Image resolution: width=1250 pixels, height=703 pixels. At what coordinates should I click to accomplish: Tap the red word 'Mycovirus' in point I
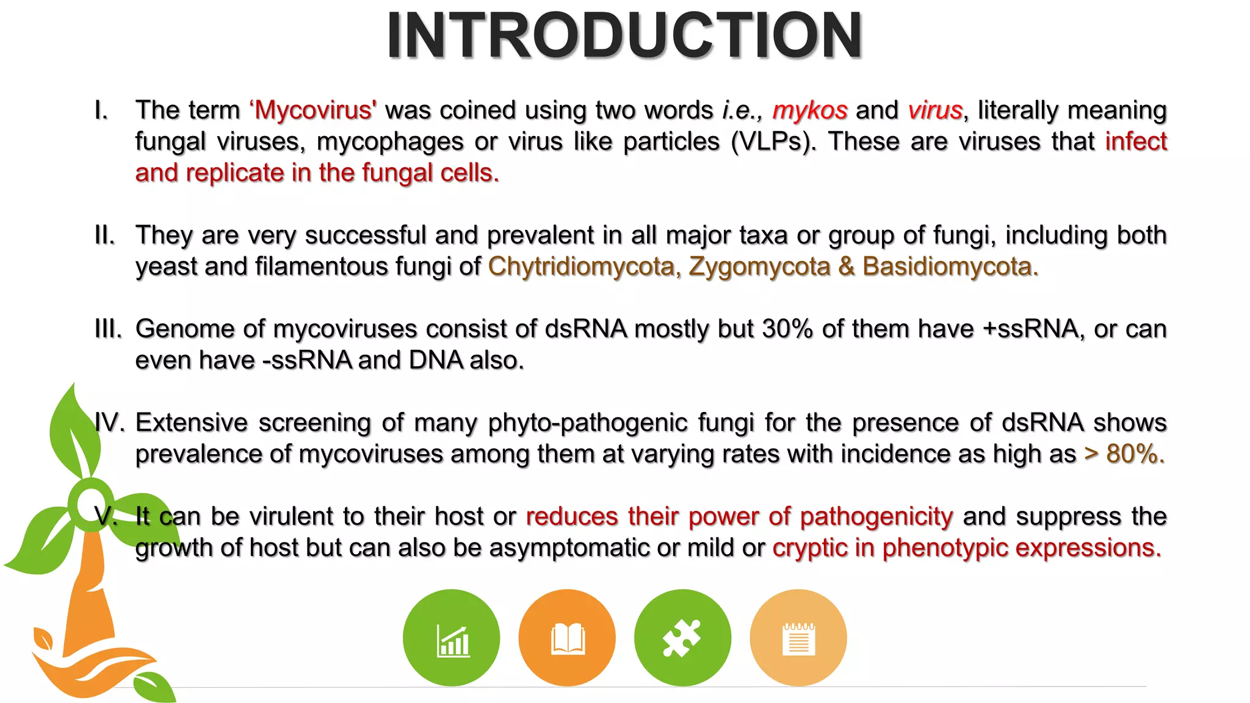pos(313,110)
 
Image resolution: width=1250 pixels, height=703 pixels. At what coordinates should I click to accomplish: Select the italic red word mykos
pos(810,110)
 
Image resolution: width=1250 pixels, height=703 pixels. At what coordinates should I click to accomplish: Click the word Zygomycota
pos(759,267)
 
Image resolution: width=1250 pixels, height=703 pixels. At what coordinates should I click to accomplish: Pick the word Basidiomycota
pos(950,267)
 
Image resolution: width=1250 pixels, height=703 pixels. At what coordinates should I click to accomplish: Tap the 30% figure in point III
pos(787,329)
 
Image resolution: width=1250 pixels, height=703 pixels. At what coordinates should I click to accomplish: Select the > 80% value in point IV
pos(1124,454)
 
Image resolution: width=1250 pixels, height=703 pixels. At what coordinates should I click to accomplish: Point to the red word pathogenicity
pos(876,517)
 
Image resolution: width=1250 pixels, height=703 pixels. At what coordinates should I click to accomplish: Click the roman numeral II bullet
pos(105,236)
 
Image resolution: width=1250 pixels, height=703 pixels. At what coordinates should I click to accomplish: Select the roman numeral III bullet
pos(108,329)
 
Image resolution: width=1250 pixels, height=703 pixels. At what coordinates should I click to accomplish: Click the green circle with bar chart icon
pos(451,638)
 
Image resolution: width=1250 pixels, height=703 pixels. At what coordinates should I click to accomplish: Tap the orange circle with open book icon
pos(567,638)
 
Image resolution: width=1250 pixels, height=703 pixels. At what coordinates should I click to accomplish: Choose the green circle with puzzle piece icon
pos(682,638)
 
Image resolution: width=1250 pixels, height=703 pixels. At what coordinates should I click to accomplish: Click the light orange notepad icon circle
pos(798,638)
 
